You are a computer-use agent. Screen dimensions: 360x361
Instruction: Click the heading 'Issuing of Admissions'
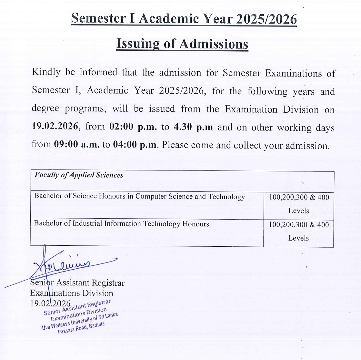[x=182, y=44]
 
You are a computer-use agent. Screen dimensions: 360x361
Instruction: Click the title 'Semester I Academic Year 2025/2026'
[x=184, y=19]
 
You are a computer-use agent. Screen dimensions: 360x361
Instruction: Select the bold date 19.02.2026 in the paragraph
[x=55, y=126]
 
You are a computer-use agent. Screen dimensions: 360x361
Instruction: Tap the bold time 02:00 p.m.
[x=134, y=127]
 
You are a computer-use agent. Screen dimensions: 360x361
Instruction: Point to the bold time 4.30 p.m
[x=193, y=127]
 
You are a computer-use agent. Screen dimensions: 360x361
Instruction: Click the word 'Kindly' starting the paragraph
[x=46, y=72]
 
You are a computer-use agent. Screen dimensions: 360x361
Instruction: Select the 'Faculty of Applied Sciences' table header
[x=79, y=175]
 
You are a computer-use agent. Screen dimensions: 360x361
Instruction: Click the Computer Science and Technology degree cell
[x=139, y=196]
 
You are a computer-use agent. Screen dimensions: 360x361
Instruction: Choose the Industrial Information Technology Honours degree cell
[x=122, y=224]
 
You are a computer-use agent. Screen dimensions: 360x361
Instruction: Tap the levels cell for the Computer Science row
[x=299, y=204]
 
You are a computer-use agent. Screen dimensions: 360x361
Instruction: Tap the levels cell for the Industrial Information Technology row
[x=299, y=231]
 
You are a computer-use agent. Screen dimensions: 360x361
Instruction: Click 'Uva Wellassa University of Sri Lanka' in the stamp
[x=80, y=321]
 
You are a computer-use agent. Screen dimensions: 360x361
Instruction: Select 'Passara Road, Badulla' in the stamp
[x=81, y=328]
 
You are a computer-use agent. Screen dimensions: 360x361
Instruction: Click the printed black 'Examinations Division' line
[x=72, y=293]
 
